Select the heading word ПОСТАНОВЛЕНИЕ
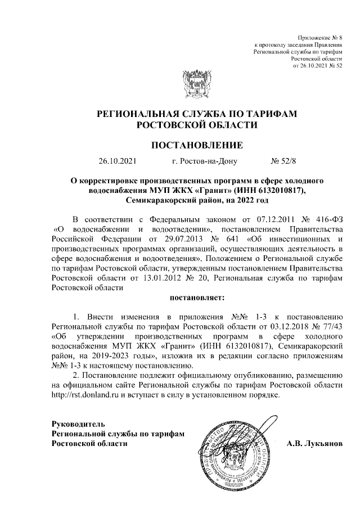point(196,145)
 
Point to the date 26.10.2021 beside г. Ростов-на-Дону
point(117,161)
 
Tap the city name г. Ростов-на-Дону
point(205,161)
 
